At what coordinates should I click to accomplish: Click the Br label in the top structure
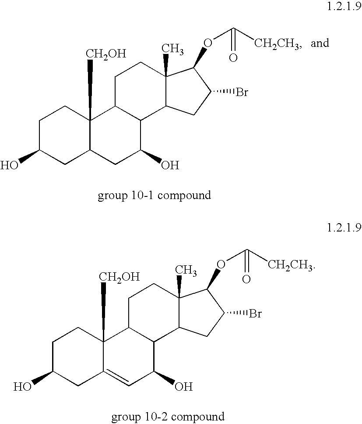pos(243,93)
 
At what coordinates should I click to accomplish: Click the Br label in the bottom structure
pos(256,314)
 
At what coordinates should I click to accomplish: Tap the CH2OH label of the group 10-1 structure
pos(105,54)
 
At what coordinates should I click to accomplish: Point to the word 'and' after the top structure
pos(320,43)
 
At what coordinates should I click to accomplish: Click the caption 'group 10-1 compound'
pos(154,195)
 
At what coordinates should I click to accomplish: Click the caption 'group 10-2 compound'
pos(168,416)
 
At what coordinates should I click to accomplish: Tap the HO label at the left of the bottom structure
pos(22,387)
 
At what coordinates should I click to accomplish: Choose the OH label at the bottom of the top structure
pos(170,165)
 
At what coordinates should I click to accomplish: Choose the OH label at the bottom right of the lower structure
pos(183,387)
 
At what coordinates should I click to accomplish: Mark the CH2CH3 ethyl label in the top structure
pos(276,43)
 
